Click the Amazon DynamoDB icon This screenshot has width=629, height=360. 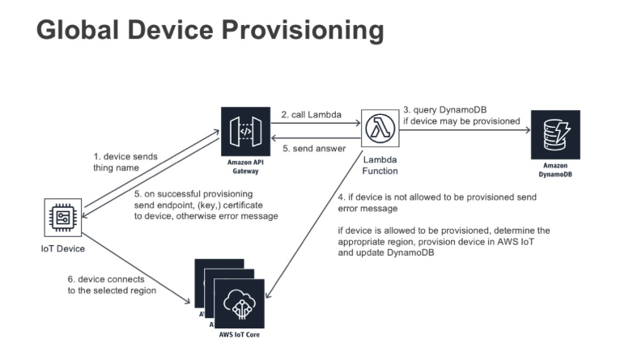(555, 134)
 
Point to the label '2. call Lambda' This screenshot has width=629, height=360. (310, 113)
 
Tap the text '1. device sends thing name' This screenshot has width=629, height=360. (121, 161)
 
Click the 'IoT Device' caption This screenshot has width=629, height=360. (62, 248)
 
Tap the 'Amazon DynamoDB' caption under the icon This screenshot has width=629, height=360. (555, 169)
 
